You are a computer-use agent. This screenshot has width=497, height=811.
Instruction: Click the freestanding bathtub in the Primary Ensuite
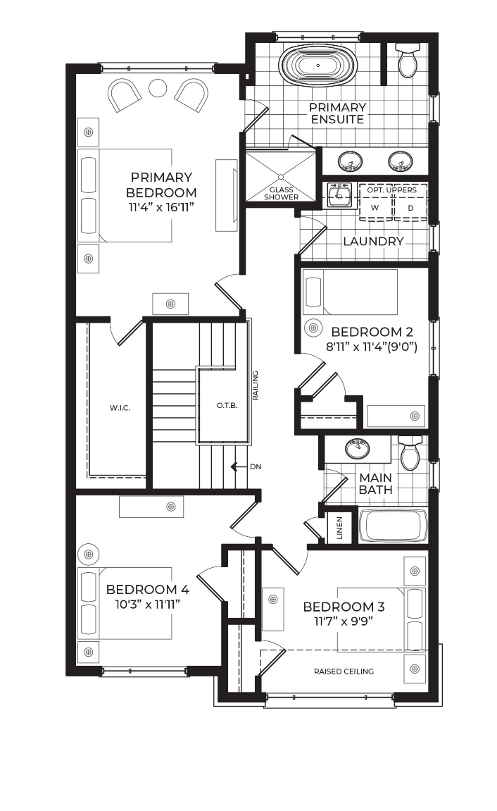pyautogui.click(x=317, y=66)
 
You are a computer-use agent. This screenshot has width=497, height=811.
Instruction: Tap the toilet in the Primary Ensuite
pyautogui.click(x=408, y=60)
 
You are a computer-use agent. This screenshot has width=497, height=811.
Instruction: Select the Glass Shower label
pyautogui.click(x=282, y=194)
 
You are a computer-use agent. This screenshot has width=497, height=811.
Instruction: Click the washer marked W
pyautogui.click(x=375, y=207)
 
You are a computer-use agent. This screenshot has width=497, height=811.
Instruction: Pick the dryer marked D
pyautogui.click(x=410, y=207)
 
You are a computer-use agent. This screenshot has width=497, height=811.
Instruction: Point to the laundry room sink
pyautogui.click(x=339, y=194)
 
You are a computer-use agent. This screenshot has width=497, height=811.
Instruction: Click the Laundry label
pyautogui.click(x=373, y=241)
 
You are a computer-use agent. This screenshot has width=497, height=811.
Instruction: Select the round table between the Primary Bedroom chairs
pyautogui.click(x=158, y=88)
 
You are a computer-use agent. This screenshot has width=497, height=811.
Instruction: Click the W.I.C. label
pyautogui.click(x=120, y=408)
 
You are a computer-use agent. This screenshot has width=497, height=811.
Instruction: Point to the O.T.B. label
pyautogui.click(x=227, y=406)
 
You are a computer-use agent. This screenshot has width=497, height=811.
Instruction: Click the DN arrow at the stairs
pyautogui.click(x=238, y=467)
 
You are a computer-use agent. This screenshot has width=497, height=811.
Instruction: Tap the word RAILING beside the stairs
pyautogui.click(x=256, y=385)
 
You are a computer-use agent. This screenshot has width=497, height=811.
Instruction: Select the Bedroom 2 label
pyautogui.click(x=372, y=332)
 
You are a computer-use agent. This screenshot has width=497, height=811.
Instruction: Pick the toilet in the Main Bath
pyautogui.click(x=411, y=452)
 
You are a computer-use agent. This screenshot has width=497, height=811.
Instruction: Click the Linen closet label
pyautogui.click(x=339, y=528)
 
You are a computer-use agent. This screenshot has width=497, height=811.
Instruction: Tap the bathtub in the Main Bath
pyautogui.click(x=394, y=526)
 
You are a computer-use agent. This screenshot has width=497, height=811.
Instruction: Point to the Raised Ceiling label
pyautogui.click(x=344, y=671)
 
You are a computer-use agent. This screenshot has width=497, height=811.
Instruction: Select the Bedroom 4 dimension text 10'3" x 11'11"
pyautogui.click(x=147, y=604)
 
